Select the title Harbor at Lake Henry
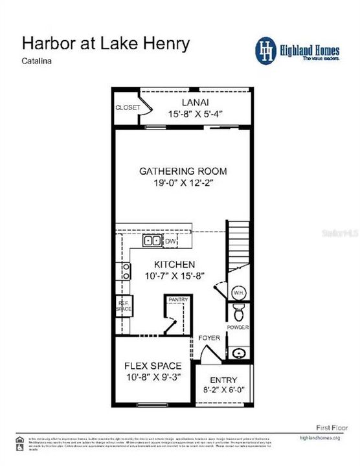[x=106, y=44]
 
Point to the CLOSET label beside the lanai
[x=127, y=107]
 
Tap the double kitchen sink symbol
[x=153, y=241]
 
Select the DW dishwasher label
[x=170, y=241]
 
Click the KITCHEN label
[x=174, y=265]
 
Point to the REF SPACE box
[x=124, y=306]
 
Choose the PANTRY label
[x=177, y=300]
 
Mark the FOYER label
[x=208, y=337]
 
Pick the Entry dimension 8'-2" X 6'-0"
[x=223, y=391]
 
